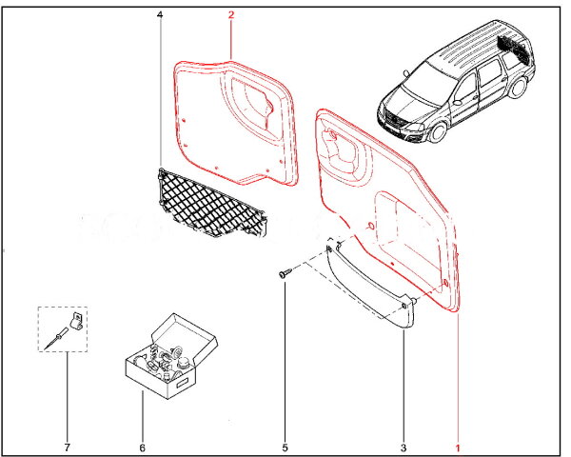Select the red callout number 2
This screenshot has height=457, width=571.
(x=230, y=15)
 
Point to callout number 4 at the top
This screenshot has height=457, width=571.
(x=160, y=15)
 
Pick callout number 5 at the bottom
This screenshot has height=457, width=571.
(x=284, y=447)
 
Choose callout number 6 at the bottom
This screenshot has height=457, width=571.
(x=143, y=447)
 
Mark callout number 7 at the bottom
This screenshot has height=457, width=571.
(x=67, y=447)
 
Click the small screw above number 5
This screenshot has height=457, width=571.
(x=285, y=273)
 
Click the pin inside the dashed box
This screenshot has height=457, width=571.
(x=57, y=336)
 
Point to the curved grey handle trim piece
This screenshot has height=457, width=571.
(x=371, y=286)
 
